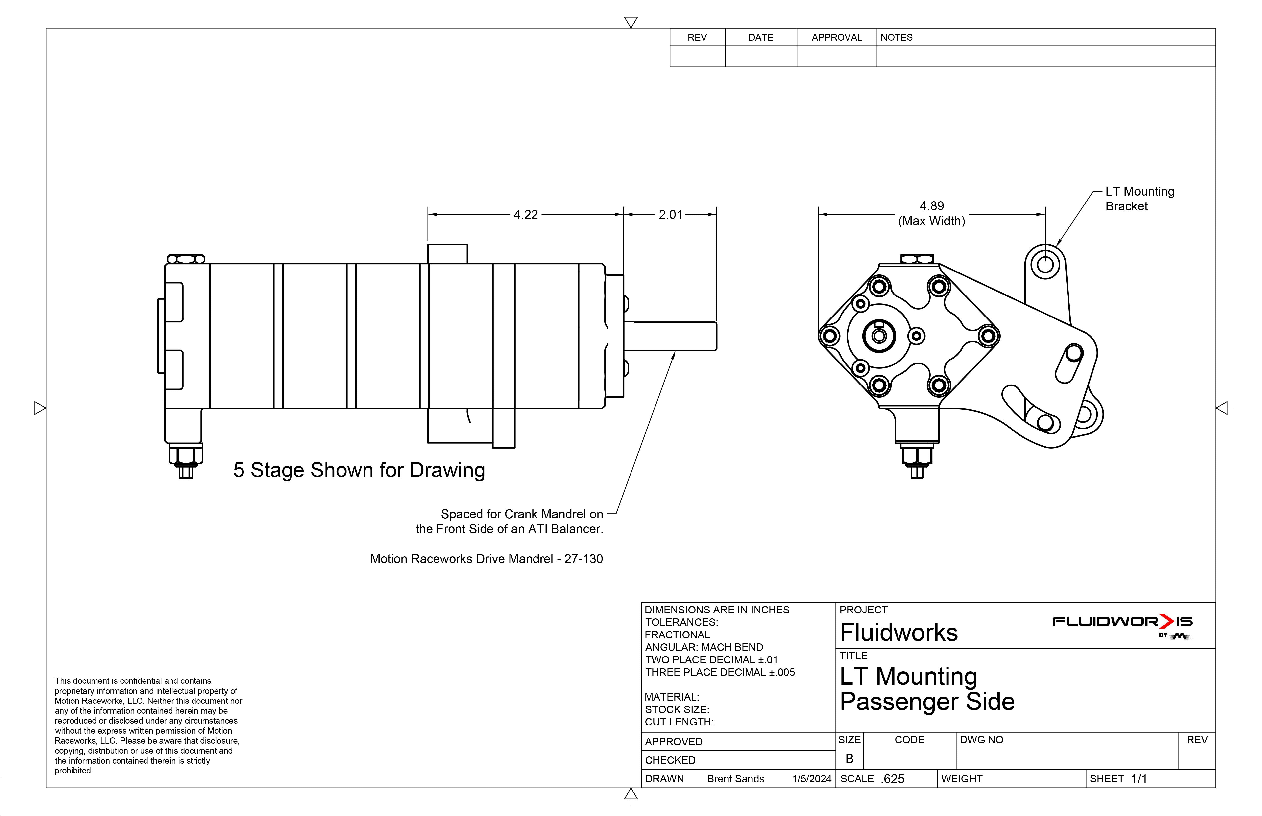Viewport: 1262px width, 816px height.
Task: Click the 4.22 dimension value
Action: [526, 215]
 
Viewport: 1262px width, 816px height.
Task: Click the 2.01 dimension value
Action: [670, 215]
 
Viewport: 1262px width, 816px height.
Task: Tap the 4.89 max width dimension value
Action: [932, 206]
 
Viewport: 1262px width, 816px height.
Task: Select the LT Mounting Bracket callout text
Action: [1140, 199]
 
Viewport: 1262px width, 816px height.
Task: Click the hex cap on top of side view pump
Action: [186, 259]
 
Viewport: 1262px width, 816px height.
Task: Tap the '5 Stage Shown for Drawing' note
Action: [359, 470]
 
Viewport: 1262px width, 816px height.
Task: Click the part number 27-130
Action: [583, 559]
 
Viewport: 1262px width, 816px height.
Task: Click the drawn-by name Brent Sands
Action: [735, 779]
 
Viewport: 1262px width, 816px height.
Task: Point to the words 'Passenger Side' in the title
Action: [927, 702]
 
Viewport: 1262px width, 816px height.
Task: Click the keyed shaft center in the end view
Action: [879, 336]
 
